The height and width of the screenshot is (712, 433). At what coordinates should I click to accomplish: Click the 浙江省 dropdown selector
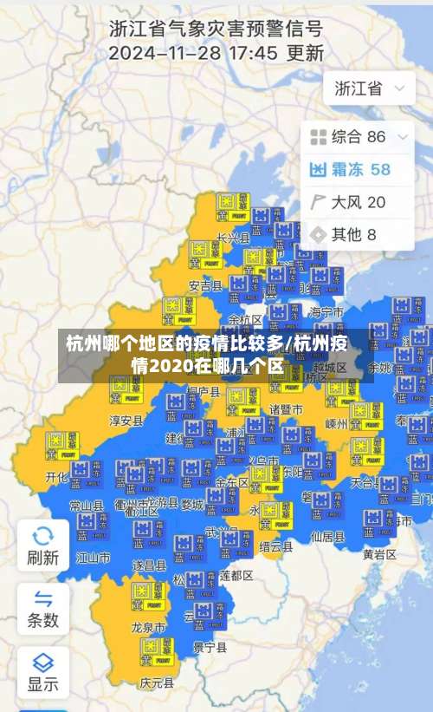pyautogui.click(x=369, y=88)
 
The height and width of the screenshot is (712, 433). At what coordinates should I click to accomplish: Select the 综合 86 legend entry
pyautogui.click(x=359, y=136)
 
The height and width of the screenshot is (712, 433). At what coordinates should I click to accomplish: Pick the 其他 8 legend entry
pyautogui.click(x=343, y=234)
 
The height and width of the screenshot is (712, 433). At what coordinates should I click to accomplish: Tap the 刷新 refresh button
pyautogui.click(x=43, y=545)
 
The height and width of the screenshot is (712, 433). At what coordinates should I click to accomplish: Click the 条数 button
pyautogui.click(x=43, y=609)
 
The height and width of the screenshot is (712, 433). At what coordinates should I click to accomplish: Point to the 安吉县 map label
pyautogui.click(x=205, y=285)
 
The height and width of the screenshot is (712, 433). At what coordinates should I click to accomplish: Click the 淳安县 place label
pyautogui.click(x=126, y=421)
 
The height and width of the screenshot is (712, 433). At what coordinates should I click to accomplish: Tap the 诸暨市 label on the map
pyautogui.click(x=286, y=408)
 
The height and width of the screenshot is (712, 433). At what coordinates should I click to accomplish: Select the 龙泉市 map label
pyautogui.click(x=147, y=626)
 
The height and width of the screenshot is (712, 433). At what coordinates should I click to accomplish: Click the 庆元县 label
pyautogui.click(x=156, y=683)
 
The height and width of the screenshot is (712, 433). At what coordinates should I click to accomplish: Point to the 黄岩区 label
pyautogui.click(x=379, y=553)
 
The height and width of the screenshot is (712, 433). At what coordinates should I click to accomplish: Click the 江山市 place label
pyautogui.click(x=93, y=556)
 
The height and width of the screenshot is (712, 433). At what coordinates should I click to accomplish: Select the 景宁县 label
pyautogui.click(x=210, y=647)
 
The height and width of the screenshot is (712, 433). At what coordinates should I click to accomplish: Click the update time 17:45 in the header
pyautogui.click(x=249, y=52)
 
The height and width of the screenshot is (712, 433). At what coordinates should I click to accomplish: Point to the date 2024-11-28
pyautogui.click(x=164, y=52)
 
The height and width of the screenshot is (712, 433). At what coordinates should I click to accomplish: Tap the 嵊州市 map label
pyautogui.click(x=336, y=424)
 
